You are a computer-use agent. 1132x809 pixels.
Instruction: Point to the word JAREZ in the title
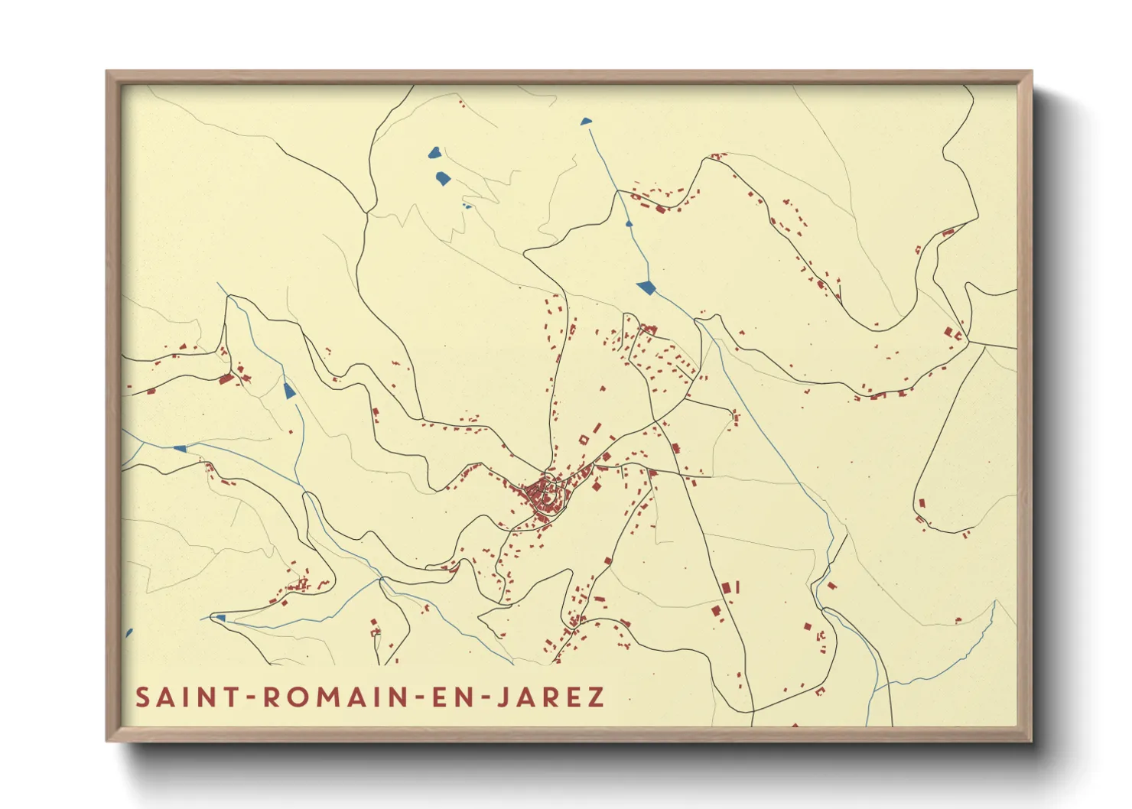click(546, 697)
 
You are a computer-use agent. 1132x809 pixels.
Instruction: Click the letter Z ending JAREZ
click(594, 697)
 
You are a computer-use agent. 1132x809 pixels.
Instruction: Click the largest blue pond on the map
click(646, 287)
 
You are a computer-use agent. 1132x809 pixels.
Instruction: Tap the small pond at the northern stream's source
click(586, 121)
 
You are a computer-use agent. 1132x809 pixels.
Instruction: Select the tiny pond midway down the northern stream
click(629, 224)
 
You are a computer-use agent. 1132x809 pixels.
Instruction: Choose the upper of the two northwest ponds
click(434, 152)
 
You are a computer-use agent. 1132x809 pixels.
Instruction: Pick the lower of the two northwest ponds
click(443, 180)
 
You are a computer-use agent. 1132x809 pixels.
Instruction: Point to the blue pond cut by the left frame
click(128, 634)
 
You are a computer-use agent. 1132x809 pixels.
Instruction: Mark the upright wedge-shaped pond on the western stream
click(288, 392)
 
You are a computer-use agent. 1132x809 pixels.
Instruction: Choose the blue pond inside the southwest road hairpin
click(220, 618)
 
